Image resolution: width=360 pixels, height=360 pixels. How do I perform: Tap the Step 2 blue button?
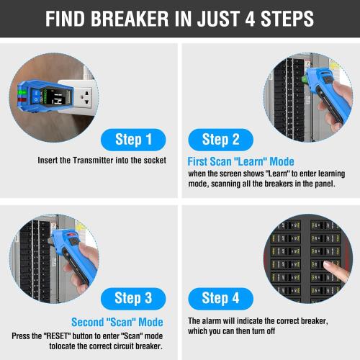point(225,139)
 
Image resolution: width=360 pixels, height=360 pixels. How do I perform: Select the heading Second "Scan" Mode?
point(117,322)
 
